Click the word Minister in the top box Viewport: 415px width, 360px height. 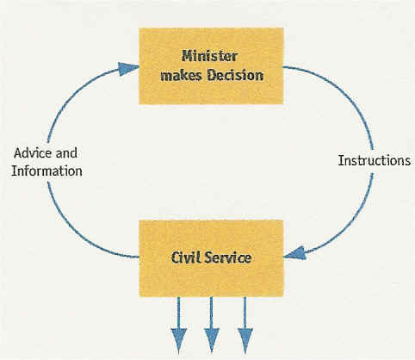pos(209,56)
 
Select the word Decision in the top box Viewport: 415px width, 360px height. pos(235,75)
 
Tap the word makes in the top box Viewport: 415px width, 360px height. pos(182,76)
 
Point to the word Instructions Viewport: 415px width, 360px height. pos(375,160)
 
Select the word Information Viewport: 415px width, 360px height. pos(46,171)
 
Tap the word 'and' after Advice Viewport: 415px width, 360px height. pos(66,153)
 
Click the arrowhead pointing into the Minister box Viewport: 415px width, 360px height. pos(128,68)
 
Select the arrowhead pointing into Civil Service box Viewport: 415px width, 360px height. pos(294,253)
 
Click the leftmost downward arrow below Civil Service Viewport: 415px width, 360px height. pos(179,325)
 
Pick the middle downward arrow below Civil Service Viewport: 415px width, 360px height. pos(212,325)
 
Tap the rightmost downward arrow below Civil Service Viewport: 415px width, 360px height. pos(245,325)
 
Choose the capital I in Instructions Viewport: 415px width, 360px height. pos(340,160)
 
